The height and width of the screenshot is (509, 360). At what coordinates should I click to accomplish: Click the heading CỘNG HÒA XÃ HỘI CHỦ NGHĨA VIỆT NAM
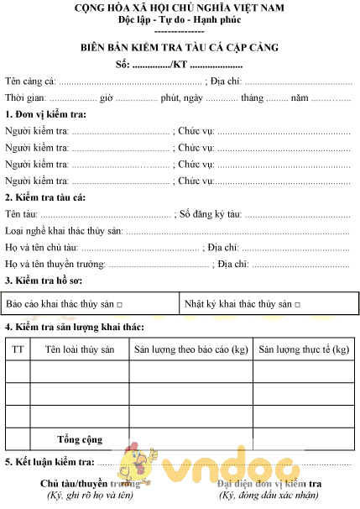click(x=180, y=8)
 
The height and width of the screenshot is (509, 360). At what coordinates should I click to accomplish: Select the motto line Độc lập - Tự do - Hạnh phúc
click(x=180, y=19)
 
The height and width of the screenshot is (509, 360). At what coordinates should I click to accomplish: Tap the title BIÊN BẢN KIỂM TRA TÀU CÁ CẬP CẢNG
click(x=180, y=47)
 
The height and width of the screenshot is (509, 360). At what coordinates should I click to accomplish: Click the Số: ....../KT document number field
click(x=180, y=64)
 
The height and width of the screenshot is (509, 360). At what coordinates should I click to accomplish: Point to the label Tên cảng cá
click(x=30, y=81)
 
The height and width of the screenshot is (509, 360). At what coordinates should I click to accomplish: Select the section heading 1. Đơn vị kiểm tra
click(x=46, y=114)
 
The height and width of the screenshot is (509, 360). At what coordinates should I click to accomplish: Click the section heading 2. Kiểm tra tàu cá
click(x=45, y=197)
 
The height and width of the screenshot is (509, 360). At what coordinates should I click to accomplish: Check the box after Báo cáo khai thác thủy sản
click(x=120, y=304)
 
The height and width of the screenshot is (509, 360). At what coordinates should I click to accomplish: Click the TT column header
click(x=18, y=349)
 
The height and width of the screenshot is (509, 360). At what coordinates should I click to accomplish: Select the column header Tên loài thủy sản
click(x=80, y=349)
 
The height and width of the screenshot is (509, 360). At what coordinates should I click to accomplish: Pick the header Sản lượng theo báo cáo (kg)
click(x=190, y=349)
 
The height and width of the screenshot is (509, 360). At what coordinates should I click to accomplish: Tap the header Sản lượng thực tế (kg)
click(x=304, y=349)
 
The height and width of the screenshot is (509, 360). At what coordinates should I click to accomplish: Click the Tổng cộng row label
click(x=80, y=439)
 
